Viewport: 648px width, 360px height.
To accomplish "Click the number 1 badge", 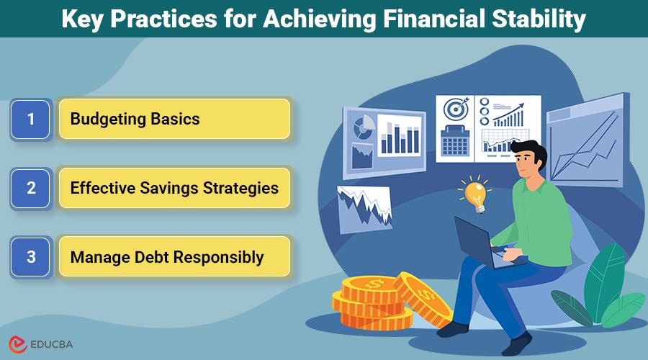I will coord(30,119).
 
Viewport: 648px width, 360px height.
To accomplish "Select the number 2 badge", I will coord(30,188).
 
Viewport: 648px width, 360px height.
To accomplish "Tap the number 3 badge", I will coord(30,257).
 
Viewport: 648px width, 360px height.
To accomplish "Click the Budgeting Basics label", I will coord(135,119).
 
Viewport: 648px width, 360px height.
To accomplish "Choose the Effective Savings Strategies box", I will coord(174,188).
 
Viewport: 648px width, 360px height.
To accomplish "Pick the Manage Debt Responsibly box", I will coord(174,257).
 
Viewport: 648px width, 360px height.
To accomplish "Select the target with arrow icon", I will coord(455,110).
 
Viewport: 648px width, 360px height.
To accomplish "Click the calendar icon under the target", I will coord(455,140).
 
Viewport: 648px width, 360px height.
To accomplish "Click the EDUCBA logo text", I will coord(50,344).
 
